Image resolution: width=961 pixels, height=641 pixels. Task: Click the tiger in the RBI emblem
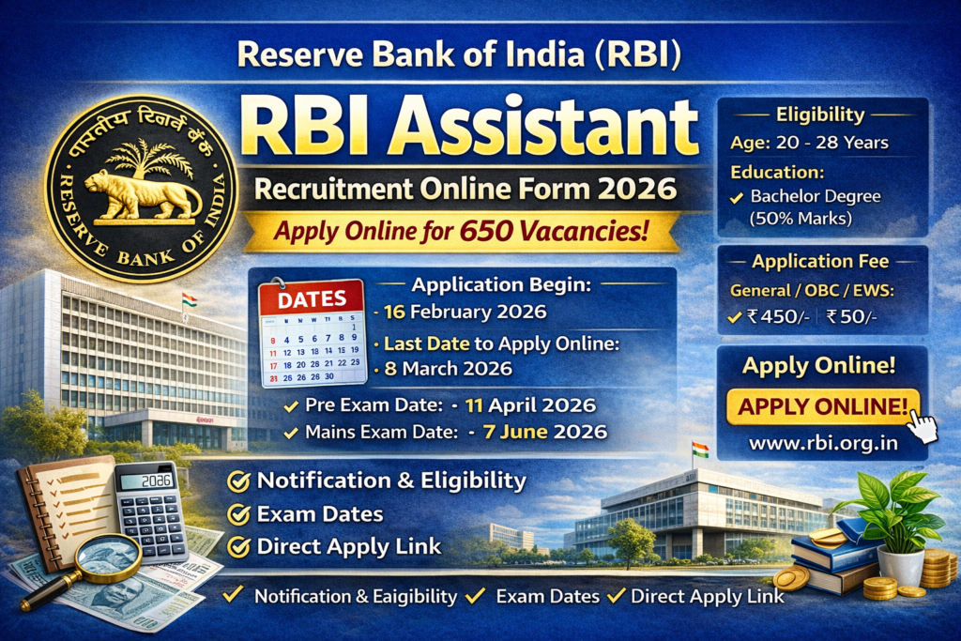point(142,192)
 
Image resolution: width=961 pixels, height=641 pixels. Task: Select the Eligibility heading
point(819,115)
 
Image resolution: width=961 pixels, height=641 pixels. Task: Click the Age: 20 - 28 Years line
point(809,144)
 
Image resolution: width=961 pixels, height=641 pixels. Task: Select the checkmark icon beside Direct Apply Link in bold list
point(239,545)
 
